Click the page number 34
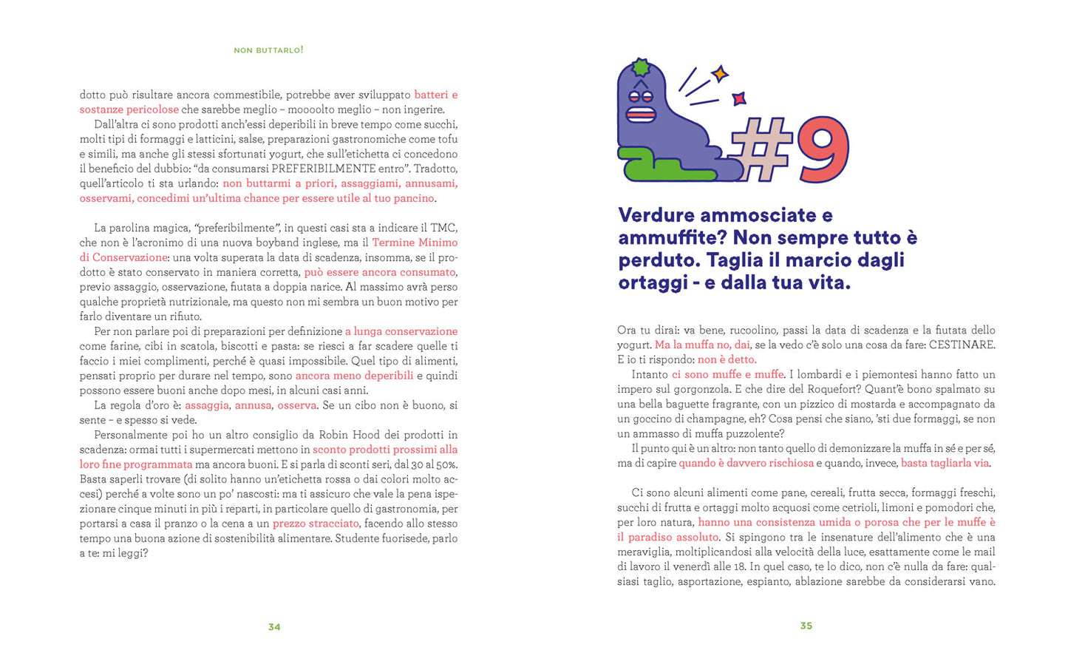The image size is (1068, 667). (x=274, y=627)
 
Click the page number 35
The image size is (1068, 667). (x=806, y=626)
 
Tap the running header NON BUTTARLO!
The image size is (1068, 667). (x=268, y=50)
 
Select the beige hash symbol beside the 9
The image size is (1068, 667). (x=761, y=149)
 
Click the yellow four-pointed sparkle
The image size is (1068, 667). (x=720, y=73)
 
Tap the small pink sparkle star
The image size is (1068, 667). (x=738, y=98)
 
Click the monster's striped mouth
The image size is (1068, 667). (x=641, y=115)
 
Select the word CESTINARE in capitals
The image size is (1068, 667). (x=962, y=345)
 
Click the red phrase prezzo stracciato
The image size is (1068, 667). (x=316, y=524)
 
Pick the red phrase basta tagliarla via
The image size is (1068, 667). (x=945, y=463)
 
